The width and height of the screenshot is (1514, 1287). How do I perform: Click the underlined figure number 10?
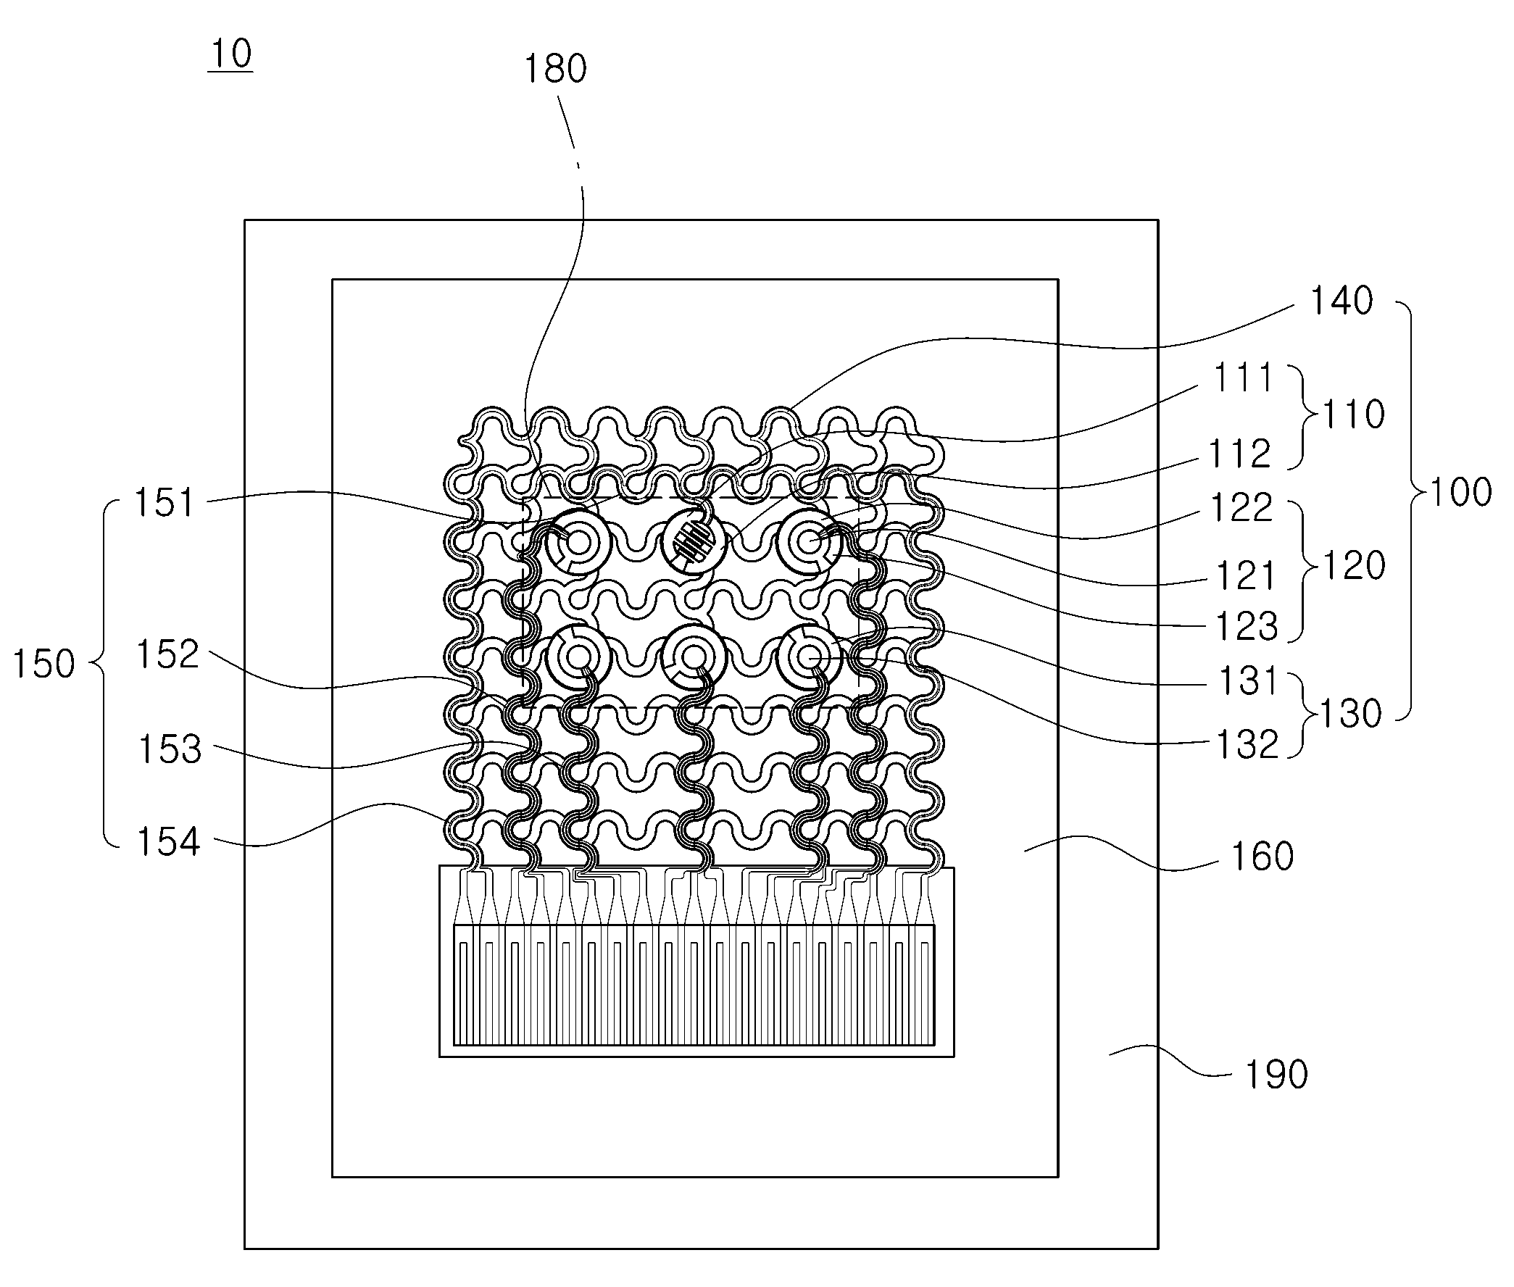pos(230,54)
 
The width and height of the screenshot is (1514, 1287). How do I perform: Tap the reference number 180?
pos(555,70)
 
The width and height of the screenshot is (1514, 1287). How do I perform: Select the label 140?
pos(1342,301)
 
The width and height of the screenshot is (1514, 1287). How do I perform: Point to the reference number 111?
pos(1242,378)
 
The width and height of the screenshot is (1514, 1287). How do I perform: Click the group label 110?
pos(1354,415)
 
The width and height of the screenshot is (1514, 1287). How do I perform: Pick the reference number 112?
pos(1240,454)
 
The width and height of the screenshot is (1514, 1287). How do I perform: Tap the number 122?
pos(1241,507)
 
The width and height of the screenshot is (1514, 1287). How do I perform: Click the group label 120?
pos(1355,565)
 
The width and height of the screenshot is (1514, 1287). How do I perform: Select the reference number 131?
pos(1249,680)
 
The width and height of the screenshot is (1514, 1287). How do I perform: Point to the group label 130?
pos(1350,714)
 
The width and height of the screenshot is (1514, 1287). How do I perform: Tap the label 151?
pos(165,504)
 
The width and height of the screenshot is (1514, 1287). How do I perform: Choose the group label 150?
pos(43,664)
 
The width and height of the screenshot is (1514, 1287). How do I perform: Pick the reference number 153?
pos(170,749)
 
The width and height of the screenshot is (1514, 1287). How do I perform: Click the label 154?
pos(169,842)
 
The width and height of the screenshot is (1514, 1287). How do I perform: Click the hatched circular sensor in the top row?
pos(693,543)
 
